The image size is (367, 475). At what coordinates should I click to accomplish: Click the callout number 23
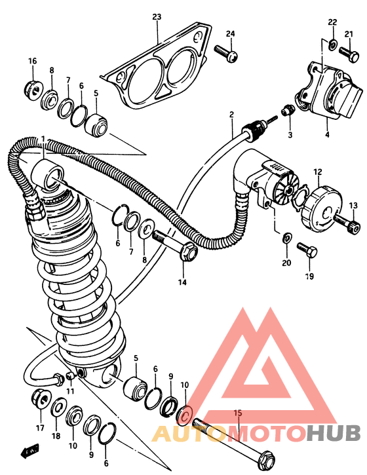click(x=157, y=17)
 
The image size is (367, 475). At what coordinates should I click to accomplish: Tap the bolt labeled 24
click(x=226, y=53)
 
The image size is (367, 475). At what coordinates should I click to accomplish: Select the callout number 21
click(x=349, y=34)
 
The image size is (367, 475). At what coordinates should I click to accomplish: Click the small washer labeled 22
click(x=332, y=45)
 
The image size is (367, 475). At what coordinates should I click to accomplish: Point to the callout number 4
click(x=327, y=134)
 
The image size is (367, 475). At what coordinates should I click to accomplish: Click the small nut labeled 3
click(x=288, y=110)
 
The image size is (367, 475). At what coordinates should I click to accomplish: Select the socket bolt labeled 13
click(x=347, y=223)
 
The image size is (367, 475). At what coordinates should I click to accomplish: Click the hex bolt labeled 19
click(x=307, y=250)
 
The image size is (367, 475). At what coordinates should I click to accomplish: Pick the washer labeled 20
click(x=287, y=237)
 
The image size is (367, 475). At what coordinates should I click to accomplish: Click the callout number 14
click(x=182, y=282)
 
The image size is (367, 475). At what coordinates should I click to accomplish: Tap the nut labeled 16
click(x=32, y=89)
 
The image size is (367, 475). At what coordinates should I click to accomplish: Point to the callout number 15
click(x=238, y=413)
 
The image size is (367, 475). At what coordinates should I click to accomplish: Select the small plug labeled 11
click(x=70, y=377)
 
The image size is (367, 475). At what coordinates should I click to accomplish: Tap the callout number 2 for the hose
click(x=231, y=115)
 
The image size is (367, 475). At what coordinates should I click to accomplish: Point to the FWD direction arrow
click(x=29, y=451)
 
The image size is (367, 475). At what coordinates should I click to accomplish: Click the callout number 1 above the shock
click(x=43, y=139)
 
